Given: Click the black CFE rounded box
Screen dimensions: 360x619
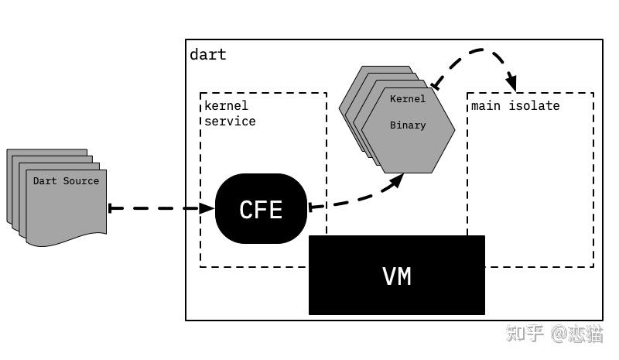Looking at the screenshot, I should [261, 209].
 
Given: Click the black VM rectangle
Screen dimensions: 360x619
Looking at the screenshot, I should [397, 276].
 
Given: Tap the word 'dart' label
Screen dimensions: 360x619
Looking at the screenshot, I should [208, 54].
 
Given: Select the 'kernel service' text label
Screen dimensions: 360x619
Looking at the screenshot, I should [229, 113].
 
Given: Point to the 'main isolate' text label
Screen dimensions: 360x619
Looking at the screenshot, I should [515, 105].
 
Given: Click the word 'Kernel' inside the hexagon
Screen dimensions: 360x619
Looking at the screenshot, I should [408, 99].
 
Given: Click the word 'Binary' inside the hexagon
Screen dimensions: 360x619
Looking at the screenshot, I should [408, 125].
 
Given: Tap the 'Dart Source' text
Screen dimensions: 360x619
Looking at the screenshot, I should [66, 180].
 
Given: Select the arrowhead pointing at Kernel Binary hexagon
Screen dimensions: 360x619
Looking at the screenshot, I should [397, 180].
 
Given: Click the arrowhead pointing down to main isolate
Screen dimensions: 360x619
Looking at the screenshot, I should [511, 81].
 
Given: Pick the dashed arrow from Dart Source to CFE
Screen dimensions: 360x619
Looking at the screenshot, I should [159, 207].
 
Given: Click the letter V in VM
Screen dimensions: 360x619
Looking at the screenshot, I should [388, 276].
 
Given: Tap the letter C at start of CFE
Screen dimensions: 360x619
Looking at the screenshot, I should [245, 209].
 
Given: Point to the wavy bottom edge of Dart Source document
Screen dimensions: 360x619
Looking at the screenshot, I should [66, 235].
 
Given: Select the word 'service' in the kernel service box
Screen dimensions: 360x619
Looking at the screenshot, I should [229, 121].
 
